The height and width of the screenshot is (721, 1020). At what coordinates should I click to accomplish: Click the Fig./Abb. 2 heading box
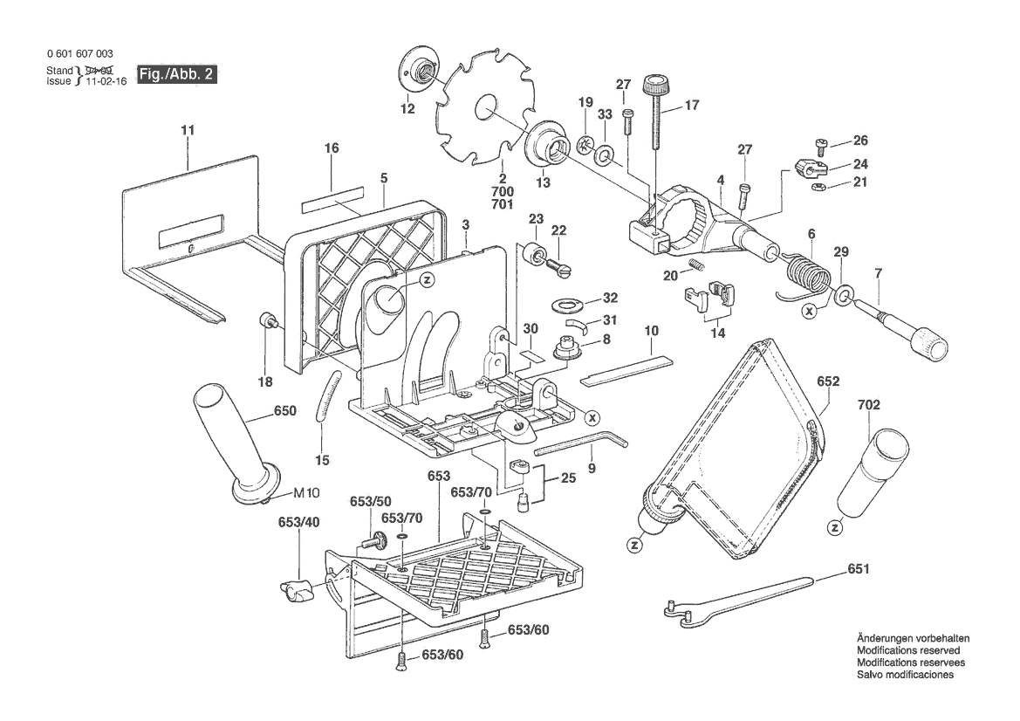coord(176,75)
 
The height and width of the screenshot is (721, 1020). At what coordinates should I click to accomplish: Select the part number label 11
coord(188,130)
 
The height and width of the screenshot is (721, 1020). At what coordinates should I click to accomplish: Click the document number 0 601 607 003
coord(79,54)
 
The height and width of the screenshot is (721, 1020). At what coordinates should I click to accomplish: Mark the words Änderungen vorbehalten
coord(912,638)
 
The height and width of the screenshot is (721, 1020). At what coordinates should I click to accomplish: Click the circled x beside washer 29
coord(811,310)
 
